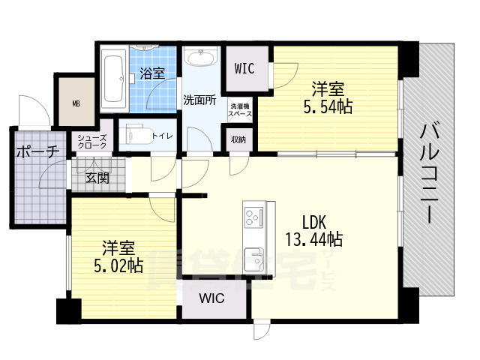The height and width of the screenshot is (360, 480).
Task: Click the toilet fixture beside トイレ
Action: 135,136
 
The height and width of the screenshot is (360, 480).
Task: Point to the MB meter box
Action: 76,103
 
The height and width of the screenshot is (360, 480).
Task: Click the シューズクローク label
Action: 92,141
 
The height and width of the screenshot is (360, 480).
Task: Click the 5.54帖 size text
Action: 328,106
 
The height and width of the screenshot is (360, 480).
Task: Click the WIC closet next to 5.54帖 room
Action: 244,69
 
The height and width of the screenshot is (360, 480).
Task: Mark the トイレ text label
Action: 162,136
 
